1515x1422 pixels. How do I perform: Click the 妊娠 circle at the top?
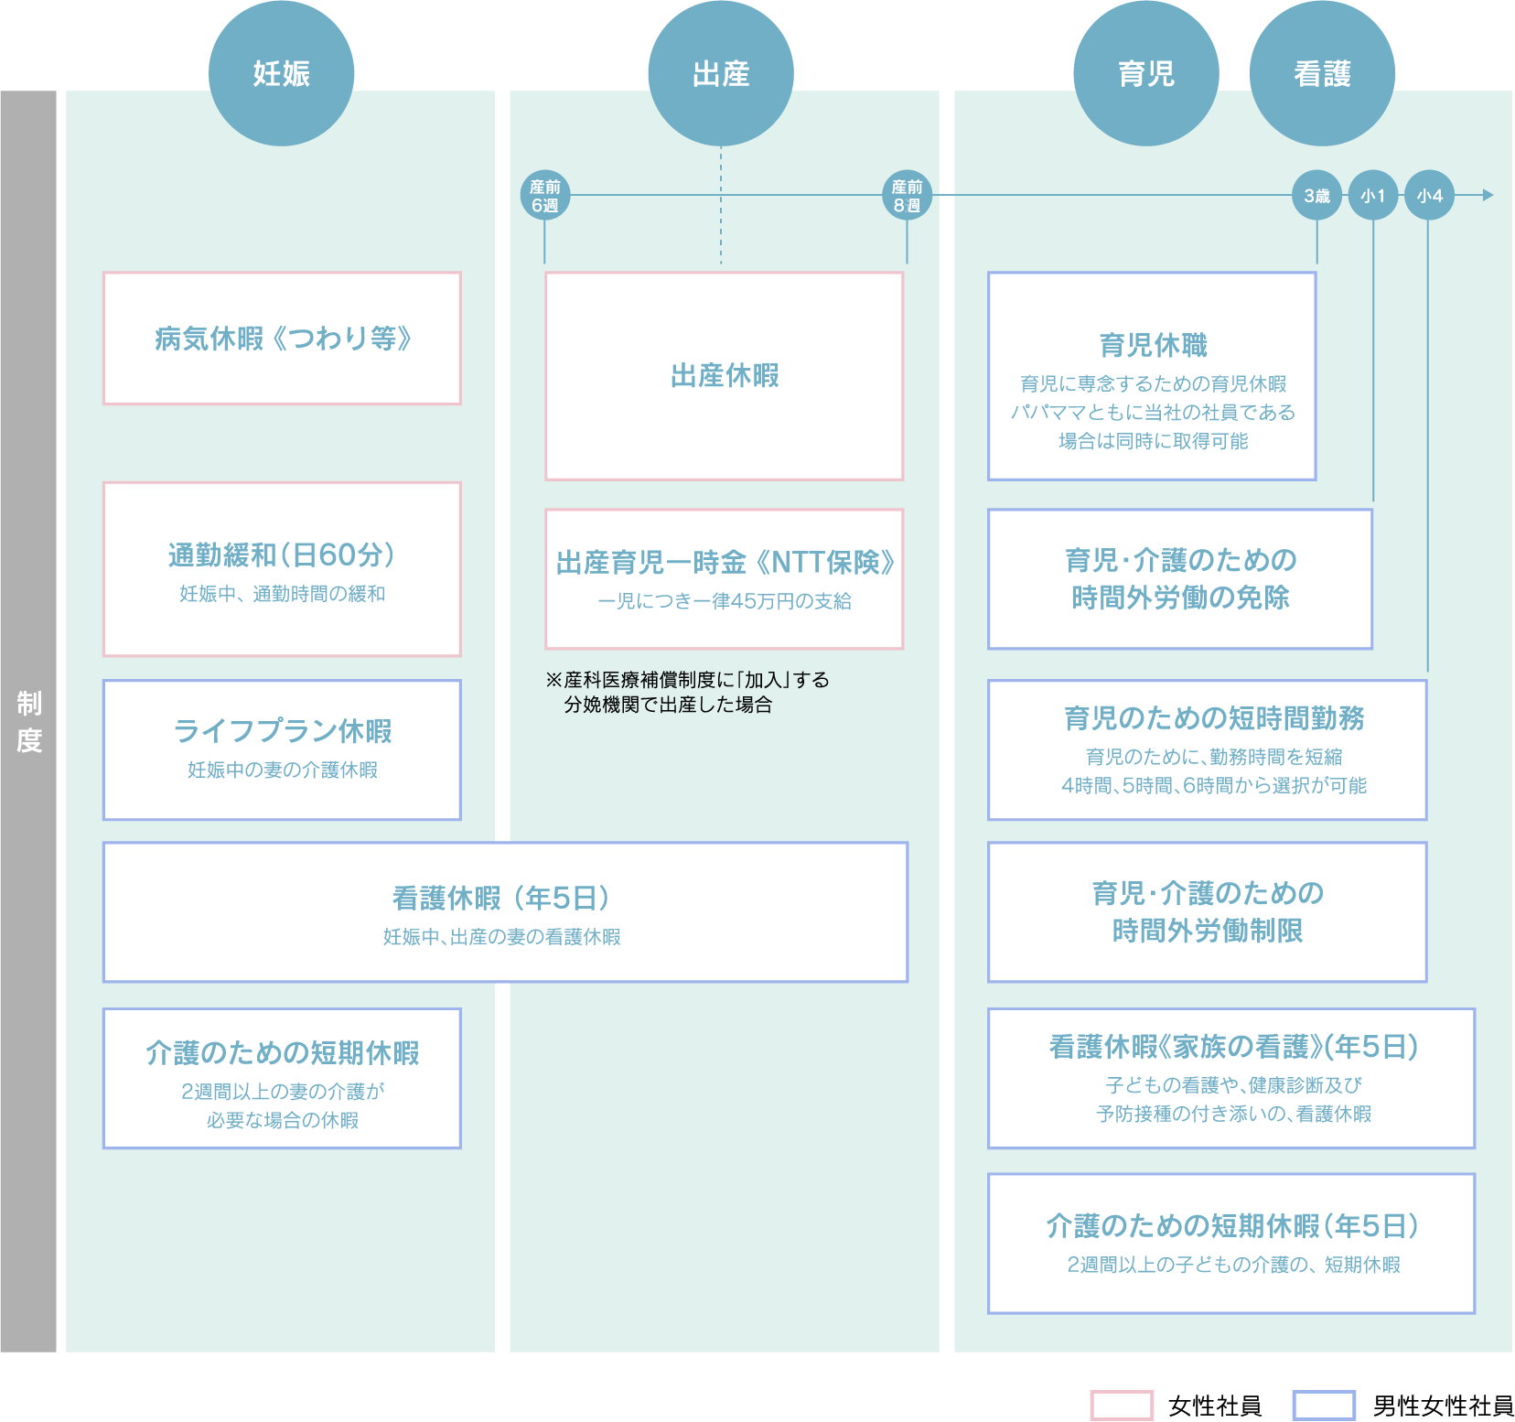point(281,73)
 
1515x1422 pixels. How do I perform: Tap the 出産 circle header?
point(721,73)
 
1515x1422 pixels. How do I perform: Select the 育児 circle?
point(1146,73)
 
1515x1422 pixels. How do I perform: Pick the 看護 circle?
point(1323,73)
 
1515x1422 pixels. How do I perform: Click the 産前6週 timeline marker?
point(545,196)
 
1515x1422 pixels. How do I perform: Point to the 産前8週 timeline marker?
point(907,196)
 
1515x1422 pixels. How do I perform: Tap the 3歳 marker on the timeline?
point(1317,196)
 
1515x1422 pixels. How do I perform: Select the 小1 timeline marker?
point(1373,196)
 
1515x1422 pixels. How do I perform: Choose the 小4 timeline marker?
point(1429,196)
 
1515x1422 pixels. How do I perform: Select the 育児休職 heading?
point(1153,345)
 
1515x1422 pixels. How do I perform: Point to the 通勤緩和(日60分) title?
point(282,555)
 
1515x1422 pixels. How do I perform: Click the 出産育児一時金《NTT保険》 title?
point(725,562)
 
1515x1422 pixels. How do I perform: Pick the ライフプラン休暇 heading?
point(282,730)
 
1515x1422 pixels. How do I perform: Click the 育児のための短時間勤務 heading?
point(1214,718)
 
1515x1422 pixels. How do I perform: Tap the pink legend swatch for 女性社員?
point(1122,1406)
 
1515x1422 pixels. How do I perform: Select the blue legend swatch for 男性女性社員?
point(1324,1406)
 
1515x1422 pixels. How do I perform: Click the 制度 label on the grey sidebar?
point(29,722)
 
